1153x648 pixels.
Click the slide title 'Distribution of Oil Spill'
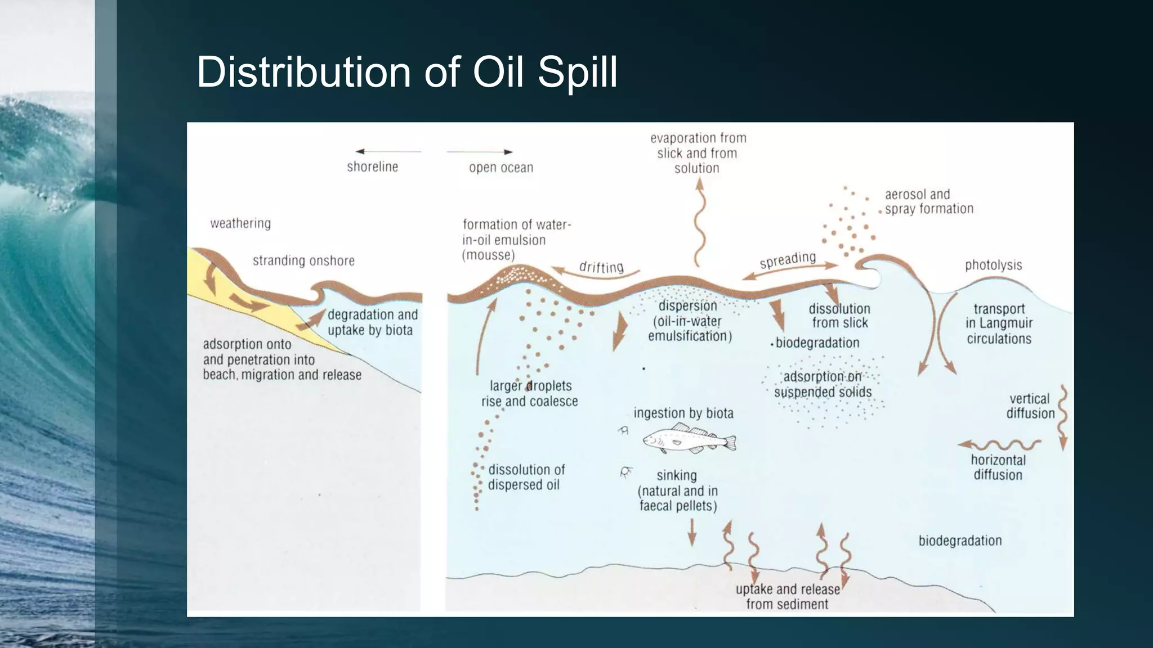[406, 71]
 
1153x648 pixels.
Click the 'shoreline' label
[372, 166]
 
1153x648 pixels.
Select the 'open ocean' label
[501, 167]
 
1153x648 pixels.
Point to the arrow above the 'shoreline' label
[388, 151]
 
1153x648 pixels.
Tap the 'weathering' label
[240, 223]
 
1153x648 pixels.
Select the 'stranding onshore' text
[303, 260]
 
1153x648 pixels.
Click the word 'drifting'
[601, 267]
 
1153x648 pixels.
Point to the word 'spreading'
[788, 260]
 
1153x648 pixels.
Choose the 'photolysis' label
[993, 265]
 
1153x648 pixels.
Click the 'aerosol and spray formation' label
[929, 201]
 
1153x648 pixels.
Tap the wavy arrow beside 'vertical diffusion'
[1062, 416]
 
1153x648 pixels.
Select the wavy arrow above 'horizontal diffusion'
[999, 445]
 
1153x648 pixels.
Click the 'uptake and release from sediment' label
[788, 596]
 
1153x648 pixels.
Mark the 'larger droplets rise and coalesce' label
[529, 393]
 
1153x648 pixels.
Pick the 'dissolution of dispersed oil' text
[526, 477]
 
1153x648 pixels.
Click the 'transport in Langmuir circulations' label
[999, 323]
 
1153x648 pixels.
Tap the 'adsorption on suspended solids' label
[823, 384]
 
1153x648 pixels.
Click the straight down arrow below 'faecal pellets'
[692, 532]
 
